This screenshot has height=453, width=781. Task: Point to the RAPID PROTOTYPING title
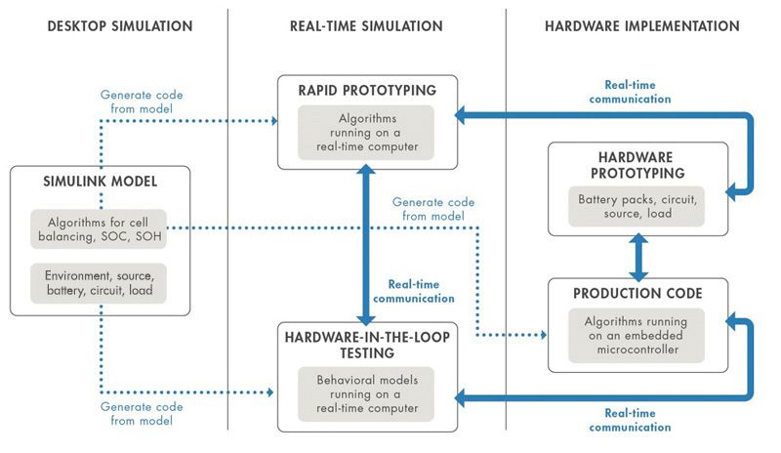tap(366, 92)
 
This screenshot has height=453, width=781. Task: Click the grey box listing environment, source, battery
tap(99, 283)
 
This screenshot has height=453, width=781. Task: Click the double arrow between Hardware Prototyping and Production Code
tap(637, 257)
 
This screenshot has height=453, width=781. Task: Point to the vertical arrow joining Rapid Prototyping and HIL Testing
tap(366, 244)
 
